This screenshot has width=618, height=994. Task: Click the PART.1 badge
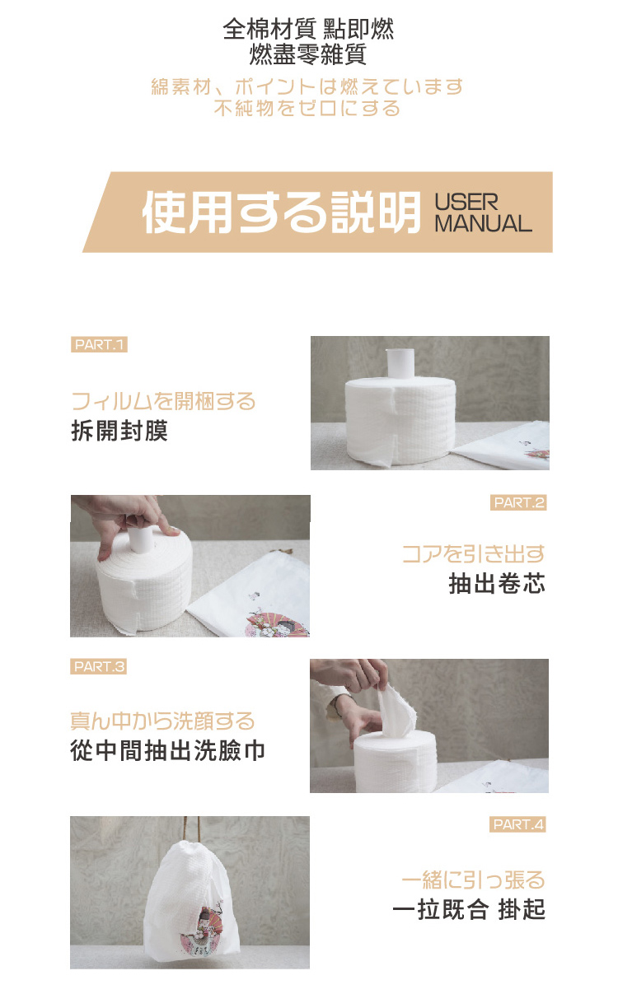pyautogui.click(x=99, y=344)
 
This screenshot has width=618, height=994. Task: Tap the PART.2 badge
pyautogui.click(x=518, y=502)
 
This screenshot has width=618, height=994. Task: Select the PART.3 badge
pyautogui.click(x=99, y=666)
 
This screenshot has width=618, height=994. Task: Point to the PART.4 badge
pyautogui.click(x=517, y=824)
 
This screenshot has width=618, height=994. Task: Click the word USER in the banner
pyautogui.click(x=466, y=203)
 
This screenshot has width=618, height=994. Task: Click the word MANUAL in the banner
pyautogui.click(x=483, y=223)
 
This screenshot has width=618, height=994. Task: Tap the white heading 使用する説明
pyautogui.click(x=282, y=212)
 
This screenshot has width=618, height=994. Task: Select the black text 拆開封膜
pyautogui.click(x=119, y=431)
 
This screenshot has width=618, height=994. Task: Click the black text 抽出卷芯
pyautogui.click(x=497, y=583)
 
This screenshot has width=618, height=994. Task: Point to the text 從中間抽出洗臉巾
pyautogui.click(x=168, y=750)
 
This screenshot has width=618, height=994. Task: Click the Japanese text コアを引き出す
pyautogui.click(x=473, y=553)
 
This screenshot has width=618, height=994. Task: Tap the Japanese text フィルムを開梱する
pyautogui.click(x=163, y=401)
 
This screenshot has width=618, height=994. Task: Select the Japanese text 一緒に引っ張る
pyautogui.click(x=473, y=880)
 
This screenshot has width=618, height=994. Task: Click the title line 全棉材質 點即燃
pyautogui.click(x=308, y=30)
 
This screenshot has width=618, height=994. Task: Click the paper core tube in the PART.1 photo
pyautogui.click(x=400, y=364)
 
